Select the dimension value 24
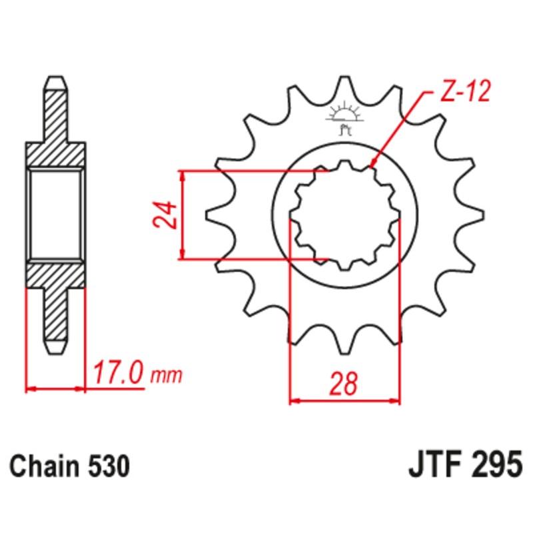pyautogui.click(x=168, y=215)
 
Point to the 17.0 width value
pyautogui.click(x=118, y=374)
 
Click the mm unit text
pyautogui.click(x=167, y=377)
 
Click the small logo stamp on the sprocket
pyautogui.click(x=344, y=116)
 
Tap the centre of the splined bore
pyautogui.click(x=344, y=215)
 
